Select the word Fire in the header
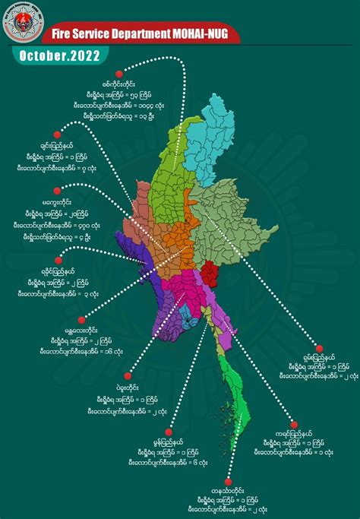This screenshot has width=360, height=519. coord(63,33)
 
